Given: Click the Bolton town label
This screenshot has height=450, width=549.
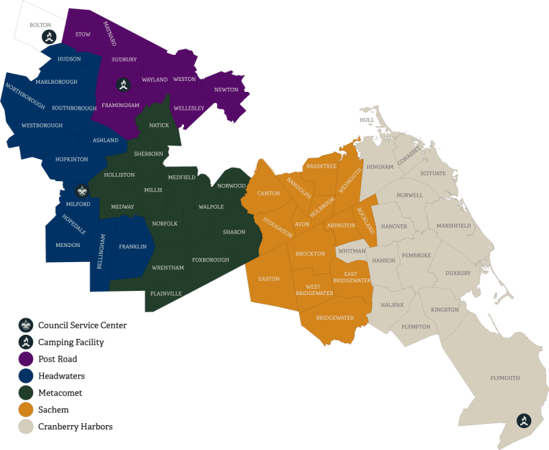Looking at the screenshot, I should [40, 25].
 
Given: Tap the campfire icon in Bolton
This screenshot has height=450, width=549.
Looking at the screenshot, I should [48, 37].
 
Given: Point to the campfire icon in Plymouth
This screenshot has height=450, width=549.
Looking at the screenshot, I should [524, 419].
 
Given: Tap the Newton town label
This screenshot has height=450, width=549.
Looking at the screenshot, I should [226, 90].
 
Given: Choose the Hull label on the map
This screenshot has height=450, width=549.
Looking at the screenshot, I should [368, 119].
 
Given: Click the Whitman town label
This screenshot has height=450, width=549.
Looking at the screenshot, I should [352, 251].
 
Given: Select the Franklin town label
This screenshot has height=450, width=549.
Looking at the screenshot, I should [132, 246].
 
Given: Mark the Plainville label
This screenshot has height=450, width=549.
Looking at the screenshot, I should [166, 293].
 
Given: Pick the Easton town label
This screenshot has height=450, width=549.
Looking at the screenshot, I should [269, 279].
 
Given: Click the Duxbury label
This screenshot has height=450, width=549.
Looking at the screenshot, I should [458, 273].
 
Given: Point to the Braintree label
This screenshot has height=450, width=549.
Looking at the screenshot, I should [320, 166].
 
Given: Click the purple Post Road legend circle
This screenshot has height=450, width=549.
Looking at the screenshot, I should [26, 359].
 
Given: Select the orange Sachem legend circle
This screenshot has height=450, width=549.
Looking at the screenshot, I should [26, 410].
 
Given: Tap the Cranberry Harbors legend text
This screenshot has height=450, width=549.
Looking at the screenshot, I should [75, 427].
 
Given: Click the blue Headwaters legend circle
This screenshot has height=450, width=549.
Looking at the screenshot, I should [26, 376].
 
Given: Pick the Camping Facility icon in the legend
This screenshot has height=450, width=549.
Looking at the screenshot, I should [26, 342].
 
